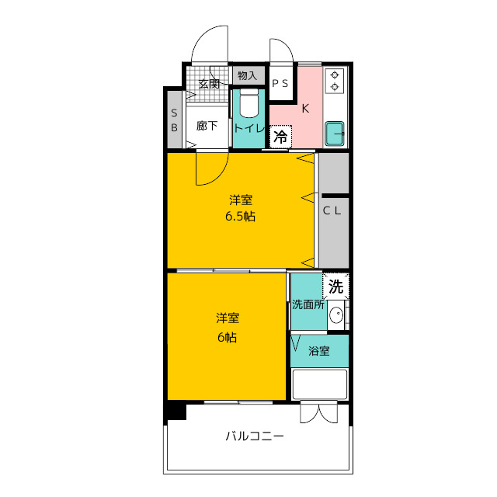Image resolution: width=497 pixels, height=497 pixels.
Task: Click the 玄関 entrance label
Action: [x=208, y=83]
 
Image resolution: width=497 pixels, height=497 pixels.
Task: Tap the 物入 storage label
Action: [x=247, y=75]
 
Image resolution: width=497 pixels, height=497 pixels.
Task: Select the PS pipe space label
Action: [x=280, y=83]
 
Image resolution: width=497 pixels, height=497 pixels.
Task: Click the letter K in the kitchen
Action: [x=305, y=109]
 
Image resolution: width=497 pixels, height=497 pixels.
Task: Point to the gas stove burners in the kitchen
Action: [x=336, y=81]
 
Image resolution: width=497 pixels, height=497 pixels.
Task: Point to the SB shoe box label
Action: [x=175, y=120]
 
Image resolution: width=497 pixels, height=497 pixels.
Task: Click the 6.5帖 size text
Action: [x=240, y=217]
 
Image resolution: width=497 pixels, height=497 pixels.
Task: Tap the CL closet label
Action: [x=332, y=209]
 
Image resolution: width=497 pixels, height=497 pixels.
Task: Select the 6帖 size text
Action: [x=228, y=337]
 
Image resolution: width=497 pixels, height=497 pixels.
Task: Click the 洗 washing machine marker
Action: [x=335, y=286]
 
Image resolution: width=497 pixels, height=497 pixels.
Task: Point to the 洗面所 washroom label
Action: [x=308, y=304]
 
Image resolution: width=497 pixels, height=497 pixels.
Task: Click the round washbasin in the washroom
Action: [x=336, y=315]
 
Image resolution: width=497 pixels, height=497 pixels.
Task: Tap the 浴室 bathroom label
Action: [x=319, y=351]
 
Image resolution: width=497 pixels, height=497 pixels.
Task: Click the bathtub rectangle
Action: [x=319, y=384]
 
